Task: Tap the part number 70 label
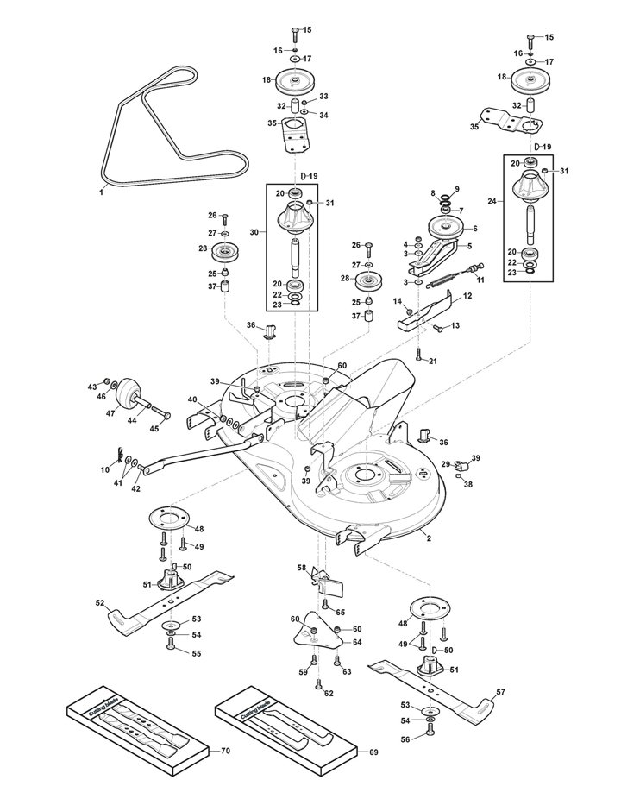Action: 225,752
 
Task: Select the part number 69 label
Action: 373,752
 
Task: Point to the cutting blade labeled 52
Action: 171,601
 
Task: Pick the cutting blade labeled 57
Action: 431,689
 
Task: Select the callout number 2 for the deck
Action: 429,538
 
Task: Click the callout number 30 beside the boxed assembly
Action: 254,232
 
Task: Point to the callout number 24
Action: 492,202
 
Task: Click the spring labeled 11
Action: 448,279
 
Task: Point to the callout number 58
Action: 302,568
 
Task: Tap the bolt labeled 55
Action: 171,645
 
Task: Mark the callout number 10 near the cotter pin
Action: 105,469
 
